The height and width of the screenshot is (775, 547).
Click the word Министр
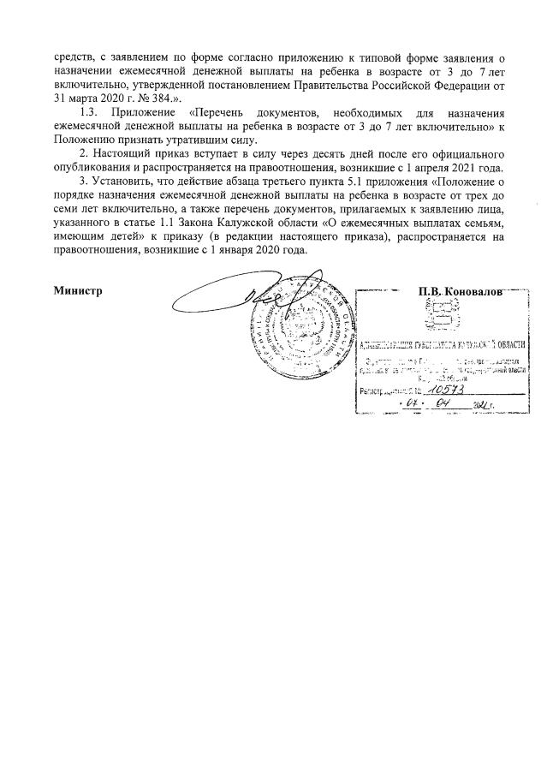pos(78,290)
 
